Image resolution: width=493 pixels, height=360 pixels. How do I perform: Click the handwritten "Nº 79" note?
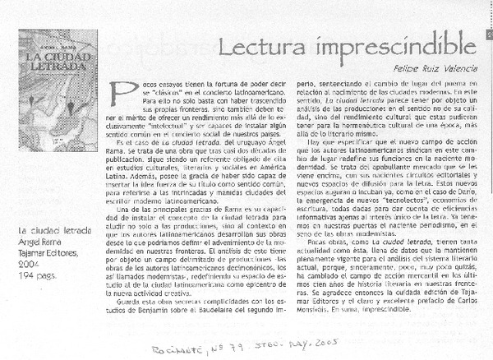(x=244, y=348)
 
